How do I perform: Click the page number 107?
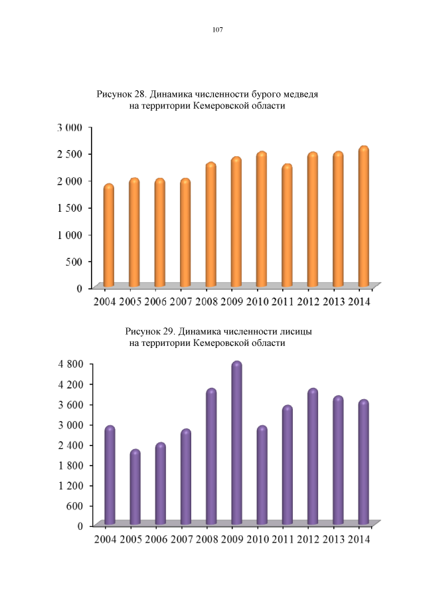[216, 30]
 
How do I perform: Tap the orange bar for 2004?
[108, 236]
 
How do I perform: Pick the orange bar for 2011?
[286, 226]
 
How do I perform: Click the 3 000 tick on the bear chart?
[69, 127]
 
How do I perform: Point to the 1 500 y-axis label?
[69, 207]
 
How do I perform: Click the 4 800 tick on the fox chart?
[69, 364]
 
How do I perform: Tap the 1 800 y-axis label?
[69, 465]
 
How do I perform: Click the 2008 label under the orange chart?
[207, 302]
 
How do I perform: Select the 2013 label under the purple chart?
[335, 539]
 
